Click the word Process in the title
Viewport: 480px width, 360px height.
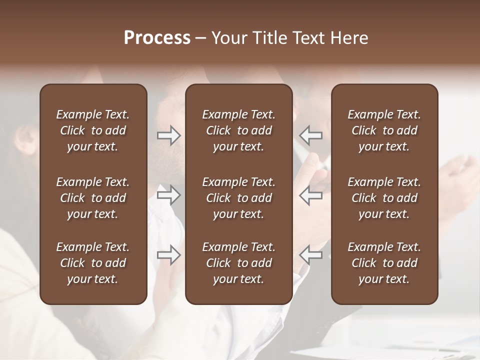pos(157,38)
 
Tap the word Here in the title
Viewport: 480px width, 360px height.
pos(349,38)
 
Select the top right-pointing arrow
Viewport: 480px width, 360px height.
pos(169,135)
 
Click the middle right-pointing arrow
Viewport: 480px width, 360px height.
pos(169,195)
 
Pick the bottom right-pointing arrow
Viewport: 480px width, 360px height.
pos(169,254)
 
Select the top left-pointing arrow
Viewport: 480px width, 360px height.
pos(310,135)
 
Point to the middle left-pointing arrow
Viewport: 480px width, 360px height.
pos(310,195)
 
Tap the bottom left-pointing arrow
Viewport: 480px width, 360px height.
pos(310,254)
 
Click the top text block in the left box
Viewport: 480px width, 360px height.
pos(93,130)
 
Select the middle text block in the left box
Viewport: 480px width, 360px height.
pos(93,198)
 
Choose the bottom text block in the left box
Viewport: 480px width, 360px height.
pos(93,263)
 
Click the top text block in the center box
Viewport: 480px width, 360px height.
pos(238,130)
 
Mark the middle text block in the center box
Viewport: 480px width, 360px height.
pos(238,198)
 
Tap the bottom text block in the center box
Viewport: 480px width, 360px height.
pos(238,263)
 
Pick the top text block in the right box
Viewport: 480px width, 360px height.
pos(384,130)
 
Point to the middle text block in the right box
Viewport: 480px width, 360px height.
pos(384,198)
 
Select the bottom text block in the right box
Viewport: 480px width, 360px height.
pos(384,263)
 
